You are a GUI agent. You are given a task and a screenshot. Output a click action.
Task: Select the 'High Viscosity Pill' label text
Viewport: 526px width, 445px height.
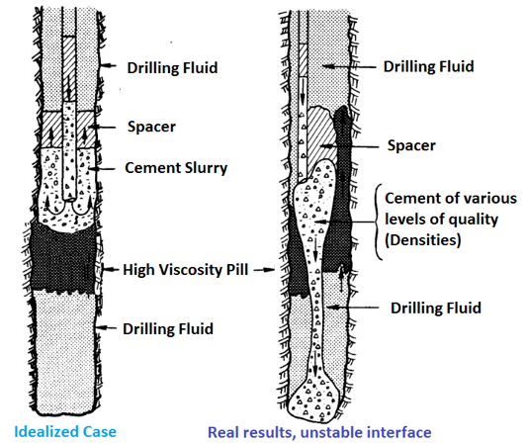tap(186, 268)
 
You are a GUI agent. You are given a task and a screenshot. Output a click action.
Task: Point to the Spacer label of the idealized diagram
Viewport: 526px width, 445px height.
tap(151, 128)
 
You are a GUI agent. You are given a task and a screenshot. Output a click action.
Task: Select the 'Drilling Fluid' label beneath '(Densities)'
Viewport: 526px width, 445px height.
tap(434, 309)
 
